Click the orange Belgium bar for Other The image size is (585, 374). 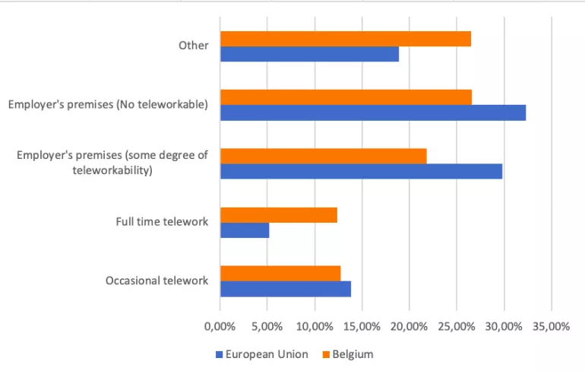tap(346, 39)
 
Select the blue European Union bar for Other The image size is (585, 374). tap(310, 54)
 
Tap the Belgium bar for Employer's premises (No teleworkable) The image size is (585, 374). tap(346, 97)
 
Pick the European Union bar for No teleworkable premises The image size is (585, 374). tap(373, 113)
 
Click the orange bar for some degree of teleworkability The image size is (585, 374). tap(324, 156)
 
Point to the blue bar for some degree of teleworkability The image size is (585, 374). tap(361, 171)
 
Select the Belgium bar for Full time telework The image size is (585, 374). tap(279, 215)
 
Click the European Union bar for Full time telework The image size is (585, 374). tap(245, 230)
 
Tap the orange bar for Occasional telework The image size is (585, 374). tap(280, 274)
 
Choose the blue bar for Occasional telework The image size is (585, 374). tap(286, 289)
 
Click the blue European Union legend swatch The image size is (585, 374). tap(219, 354)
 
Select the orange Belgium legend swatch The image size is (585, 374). tap(326, 354)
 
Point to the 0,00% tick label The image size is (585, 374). tap(220, 327)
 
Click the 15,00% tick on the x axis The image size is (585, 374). tap(362, 327)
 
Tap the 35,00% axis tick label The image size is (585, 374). tap(551, 327)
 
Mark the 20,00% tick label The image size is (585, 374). tap(409, 327)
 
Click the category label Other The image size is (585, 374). tap(193, 46)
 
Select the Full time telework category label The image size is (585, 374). tap(162, 222)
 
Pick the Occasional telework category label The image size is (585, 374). tap(157, 280)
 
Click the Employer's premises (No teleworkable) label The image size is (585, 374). tap(108, 104)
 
